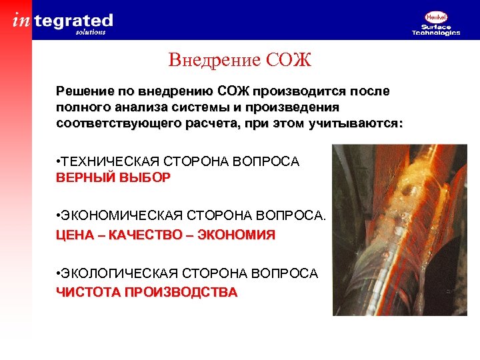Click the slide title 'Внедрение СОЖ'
240,61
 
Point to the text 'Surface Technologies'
436,30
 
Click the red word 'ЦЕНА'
75,235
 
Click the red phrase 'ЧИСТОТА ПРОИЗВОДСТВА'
146,293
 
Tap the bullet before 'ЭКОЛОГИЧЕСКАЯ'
59,273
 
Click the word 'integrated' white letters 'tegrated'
73,21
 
